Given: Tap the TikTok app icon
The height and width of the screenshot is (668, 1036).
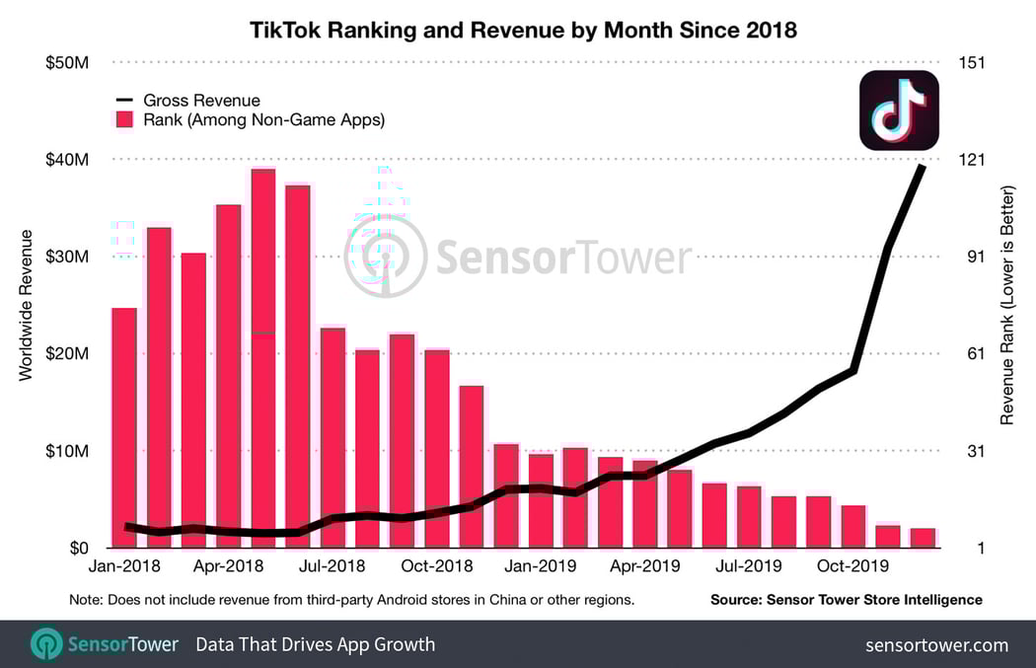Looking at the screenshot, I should (898, 111).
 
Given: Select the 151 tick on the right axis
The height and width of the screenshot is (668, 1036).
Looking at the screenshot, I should (971, 62).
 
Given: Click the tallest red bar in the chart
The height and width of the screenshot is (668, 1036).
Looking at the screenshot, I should (263, 355).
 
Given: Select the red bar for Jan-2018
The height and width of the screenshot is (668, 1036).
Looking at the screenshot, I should (123, 424).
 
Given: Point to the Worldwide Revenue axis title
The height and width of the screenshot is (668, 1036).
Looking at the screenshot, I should (26, 305).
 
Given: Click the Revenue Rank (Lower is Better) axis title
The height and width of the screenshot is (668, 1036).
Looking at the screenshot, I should (1007, 305).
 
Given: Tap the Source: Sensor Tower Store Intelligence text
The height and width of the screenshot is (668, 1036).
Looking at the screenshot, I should (846, 599).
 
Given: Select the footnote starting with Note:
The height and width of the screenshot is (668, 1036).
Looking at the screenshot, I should (351, 599).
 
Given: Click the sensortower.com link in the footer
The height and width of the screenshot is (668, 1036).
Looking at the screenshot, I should (936, 645).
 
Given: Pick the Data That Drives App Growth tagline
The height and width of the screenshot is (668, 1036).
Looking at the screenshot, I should (315, 645).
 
